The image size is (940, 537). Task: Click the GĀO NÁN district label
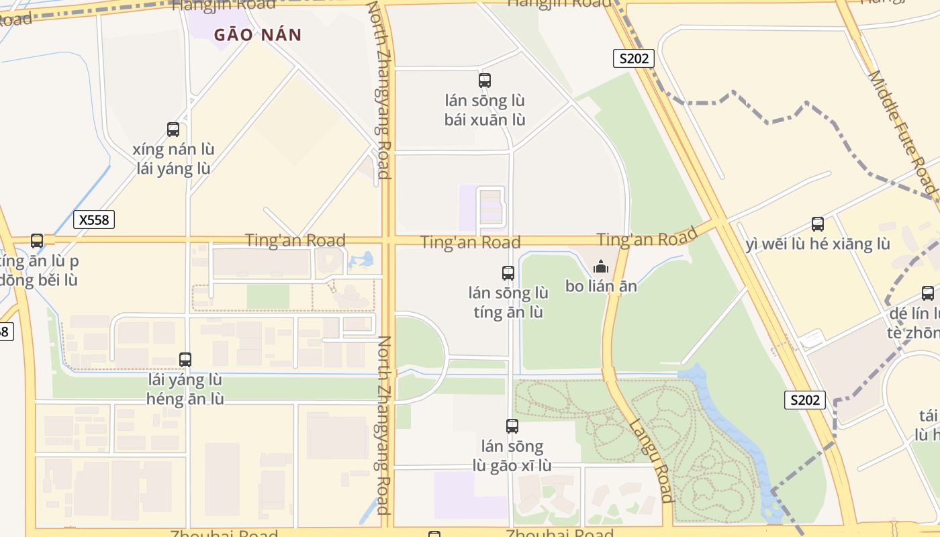[258, 35]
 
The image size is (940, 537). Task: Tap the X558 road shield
[94, 219]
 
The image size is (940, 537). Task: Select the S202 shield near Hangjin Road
[633, 58]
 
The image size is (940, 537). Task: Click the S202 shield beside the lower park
[804, 400]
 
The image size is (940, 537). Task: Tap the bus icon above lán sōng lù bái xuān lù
[485, 81]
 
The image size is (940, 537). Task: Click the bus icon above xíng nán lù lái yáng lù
[173, 130]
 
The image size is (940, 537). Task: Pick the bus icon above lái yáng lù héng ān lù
[185, 360]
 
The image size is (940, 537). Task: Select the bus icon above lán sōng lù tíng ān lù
[508, 273]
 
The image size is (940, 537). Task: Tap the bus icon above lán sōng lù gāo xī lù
[512, 426]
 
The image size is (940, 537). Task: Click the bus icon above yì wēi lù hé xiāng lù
[818, 224]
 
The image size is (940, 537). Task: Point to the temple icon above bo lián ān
[600, 266]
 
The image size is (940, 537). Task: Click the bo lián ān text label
[601, 287]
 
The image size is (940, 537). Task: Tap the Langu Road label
[651, 460]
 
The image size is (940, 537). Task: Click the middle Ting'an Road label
[470, 242]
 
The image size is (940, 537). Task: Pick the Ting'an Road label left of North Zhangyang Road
[295, 240]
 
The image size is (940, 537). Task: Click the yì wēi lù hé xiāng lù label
[818, 244]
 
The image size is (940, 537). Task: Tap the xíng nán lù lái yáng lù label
[173, 158]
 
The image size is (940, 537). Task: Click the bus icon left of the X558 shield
[37, 240]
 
